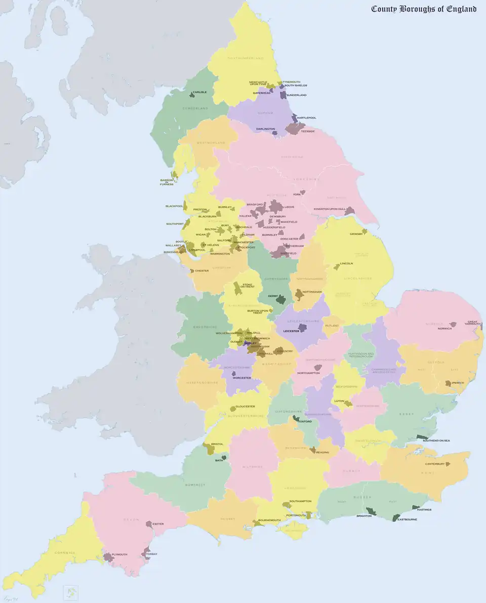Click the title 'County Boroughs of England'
(x=424, y=9)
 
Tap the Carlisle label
(x=199, y=92)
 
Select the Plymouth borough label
(x=119, y=554)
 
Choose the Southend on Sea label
(x=436, y=440)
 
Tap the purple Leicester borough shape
(x=302, y=328)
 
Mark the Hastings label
(x=424, y=510)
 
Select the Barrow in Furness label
(x=167, y=182)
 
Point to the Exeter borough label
(x=158, y=524)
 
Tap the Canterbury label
(x=434, y=464)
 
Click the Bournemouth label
(x=269, y=520)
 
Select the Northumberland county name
(x=246, y=58)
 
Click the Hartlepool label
(x=306, y=118)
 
